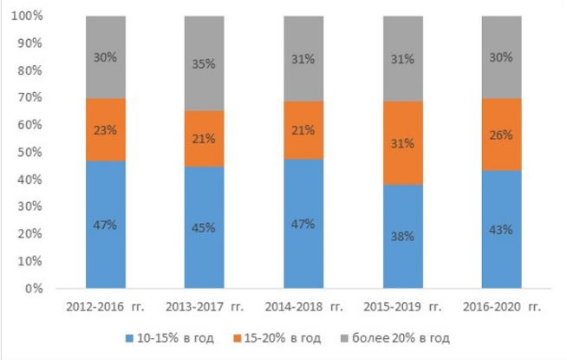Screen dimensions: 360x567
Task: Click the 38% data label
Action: pos(401,235)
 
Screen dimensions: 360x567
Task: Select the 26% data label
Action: pos(500,135)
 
